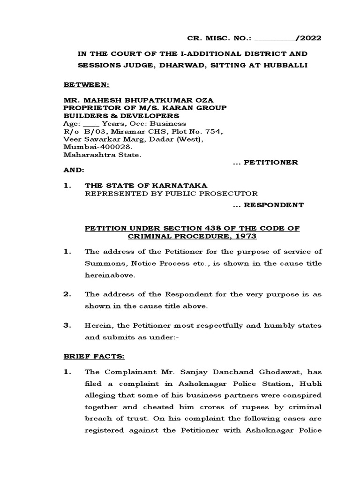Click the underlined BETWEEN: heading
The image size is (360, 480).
click(x=86, y=86)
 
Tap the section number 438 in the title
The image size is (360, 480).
click(x=214, y=228)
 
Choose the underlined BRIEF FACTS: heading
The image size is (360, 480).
click(x=94, y=357)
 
